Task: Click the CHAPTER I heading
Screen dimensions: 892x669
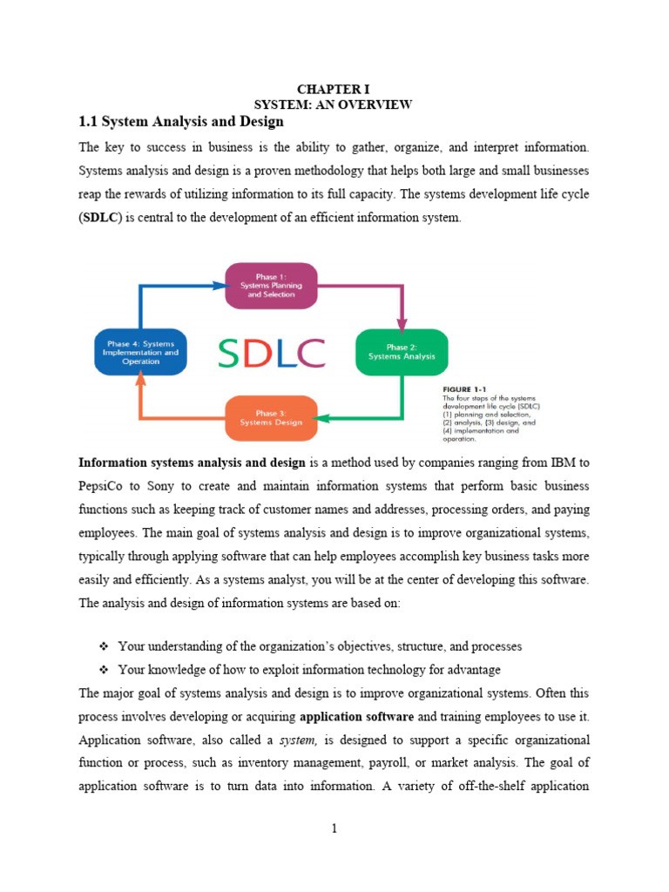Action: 334,89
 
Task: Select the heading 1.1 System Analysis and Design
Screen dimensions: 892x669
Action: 181,121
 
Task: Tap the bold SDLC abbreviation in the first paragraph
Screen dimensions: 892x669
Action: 102,218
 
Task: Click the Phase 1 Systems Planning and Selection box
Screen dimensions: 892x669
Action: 271,287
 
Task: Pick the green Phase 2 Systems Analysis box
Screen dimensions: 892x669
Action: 402,352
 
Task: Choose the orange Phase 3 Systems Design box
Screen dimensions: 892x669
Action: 271,417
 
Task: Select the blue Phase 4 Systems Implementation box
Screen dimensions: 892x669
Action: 140,352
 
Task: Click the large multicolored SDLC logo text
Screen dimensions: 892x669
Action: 271,352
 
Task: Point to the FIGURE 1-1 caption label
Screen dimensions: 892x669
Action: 465,389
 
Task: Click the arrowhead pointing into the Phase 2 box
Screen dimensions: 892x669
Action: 402,325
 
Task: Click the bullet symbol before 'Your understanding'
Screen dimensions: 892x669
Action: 103,646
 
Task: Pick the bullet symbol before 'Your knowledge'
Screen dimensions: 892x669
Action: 103,669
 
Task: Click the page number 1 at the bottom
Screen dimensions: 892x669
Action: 334,828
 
